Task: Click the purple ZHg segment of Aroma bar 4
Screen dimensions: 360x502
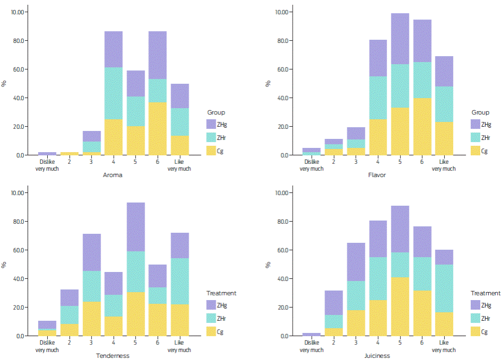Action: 113,49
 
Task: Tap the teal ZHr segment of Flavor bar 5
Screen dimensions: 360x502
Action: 400,86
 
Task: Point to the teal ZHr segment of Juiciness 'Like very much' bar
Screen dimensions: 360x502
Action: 444,288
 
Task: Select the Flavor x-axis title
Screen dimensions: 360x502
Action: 378,175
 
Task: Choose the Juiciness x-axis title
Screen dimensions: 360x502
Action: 378,356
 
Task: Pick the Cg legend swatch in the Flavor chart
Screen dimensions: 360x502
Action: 475,151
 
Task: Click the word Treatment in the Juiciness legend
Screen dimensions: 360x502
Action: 485,293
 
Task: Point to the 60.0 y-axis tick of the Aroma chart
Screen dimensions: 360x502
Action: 20,69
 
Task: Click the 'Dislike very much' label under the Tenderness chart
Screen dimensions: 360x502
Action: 47,347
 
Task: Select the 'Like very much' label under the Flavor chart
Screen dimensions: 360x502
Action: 444,165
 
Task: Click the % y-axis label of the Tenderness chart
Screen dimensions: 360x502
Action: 4,264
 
